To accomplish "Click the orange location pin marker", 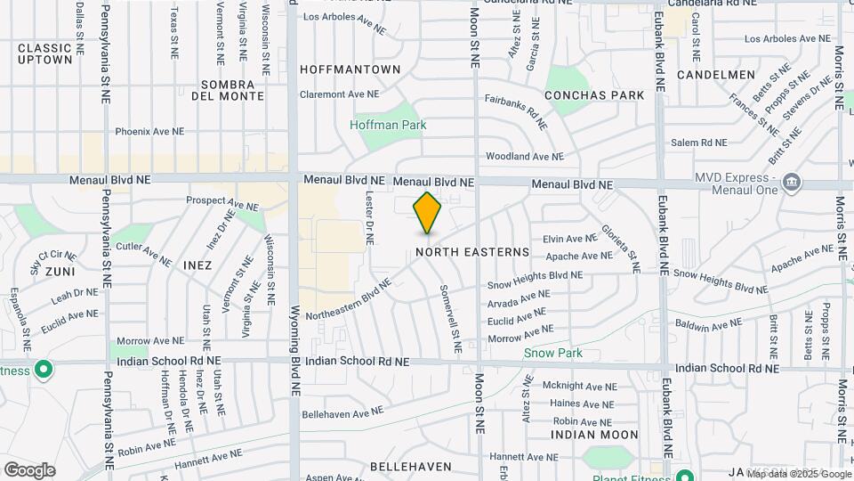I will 427,213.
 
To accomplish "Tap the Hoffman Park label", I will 388,125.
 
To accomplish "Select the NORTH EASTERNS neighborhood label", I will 472,252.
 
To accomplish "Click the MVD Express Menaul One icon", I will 792,183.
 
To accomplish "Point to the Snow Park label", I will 552,353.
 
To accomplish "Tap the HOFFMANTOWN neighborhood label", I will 350,69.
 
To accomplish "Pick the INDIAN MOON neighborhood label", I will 594,435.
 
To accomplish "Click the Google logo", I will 29,469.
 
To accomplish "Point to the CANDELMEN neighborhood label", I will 716,75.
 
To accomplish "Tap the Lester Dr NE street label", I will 369,217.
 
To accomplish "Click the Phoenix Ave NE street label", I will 149,131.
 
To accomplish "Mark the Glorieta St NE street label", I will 620,248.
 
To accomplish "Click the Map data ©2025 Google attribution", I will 798,474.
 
